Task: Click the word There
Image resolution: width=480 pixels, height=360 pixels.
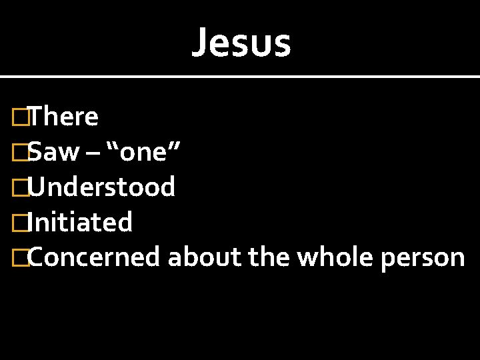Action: coord(63,117)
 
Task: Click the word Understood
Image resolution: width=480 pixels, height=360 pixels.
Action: coord(102,187)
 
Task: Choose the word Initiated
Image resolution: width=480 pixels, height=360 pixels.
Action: coord(81,222)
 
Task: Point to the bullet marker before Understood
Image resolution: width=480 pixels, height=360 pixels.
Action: coord(21,188)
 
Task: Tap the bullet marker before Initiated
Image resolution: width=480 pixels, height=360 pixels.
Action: coord(21,223)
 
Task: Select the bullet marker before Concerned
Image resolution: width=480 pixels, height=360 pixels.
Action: coord(21,258)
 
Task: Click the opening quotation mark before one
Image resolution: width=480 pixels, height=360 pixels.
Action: coord(125,145)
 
